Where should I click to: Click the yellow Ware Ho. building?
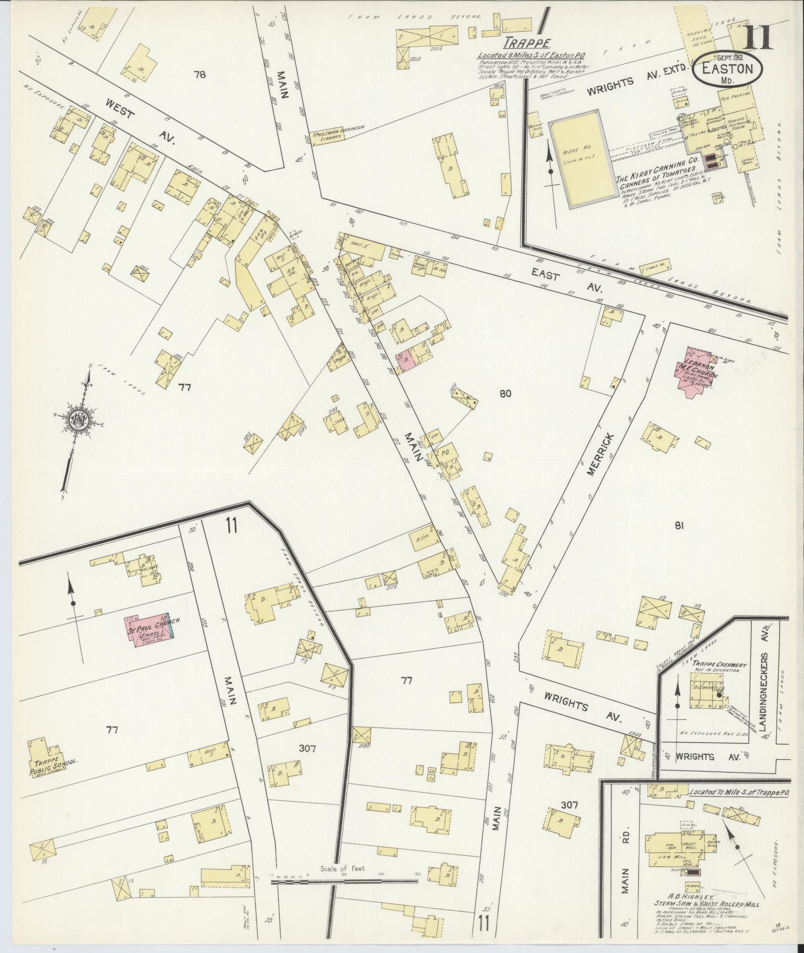pos(582,158)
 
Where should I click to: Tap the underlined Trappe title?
pos(520,43)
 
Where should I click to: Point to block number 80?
pos(505,394)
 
